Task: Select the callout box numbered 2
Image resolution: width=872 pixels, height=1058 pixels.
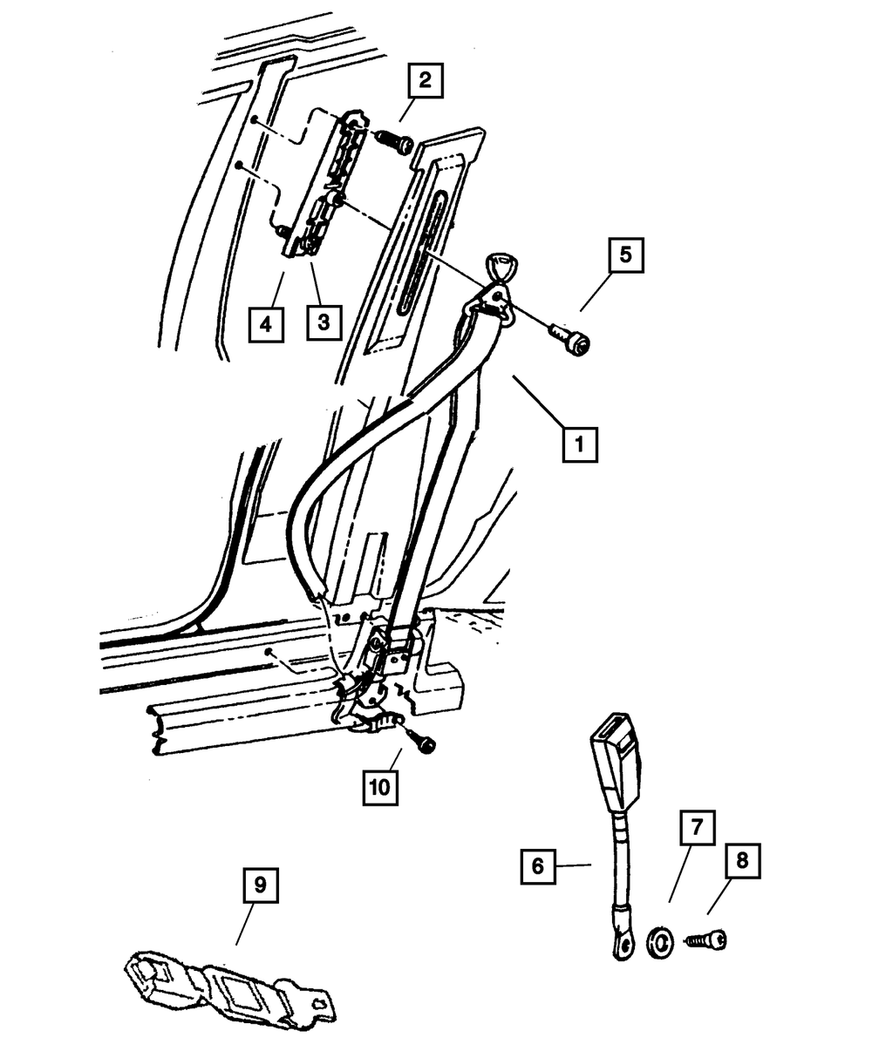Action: point(423,82)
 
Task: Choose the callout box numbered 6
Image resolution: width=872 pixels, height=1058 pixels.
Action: point(538,866)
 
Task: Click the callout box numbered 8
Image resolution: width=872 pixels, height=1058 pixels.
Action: point(741,861)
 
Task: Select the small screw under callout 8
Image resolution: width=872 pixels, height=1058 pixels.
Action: point(707,939)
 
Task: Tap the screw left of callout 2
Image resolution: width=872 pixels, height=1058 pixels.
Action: point(397,139)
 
